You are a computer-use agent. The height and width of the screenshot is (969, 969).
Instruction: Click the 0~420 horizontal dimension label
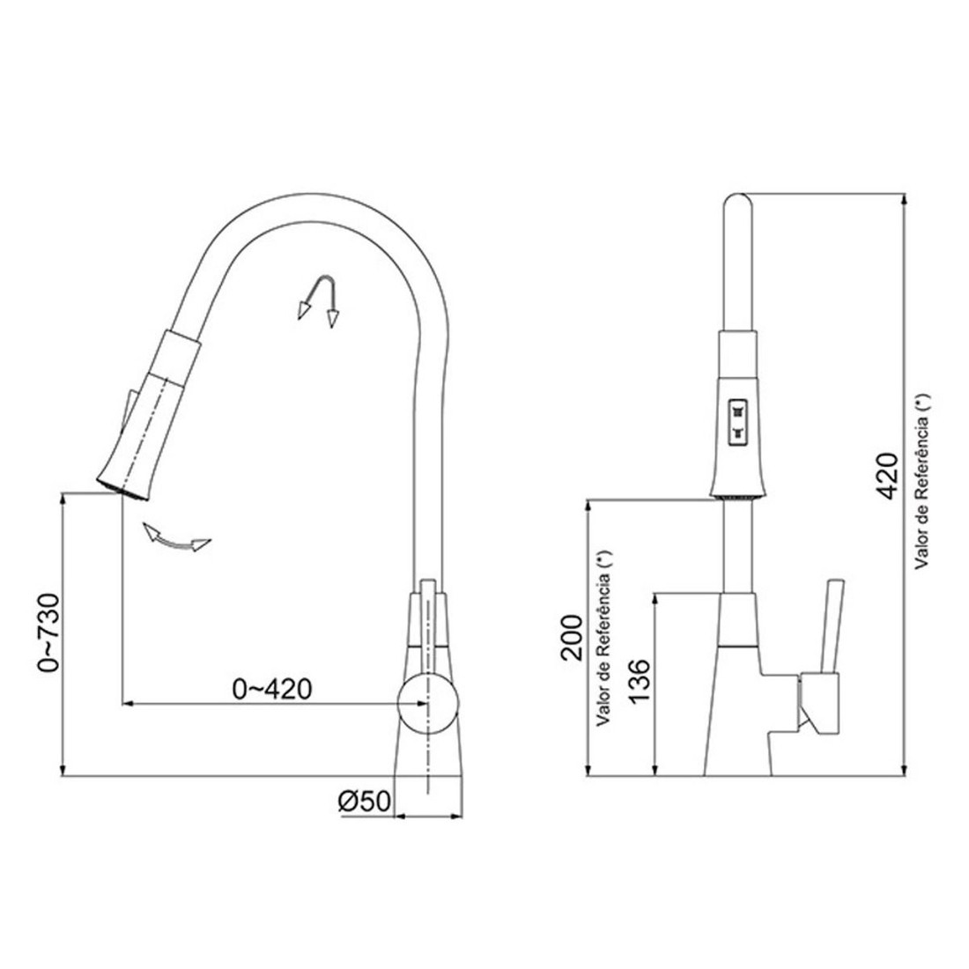[x=272, y=688]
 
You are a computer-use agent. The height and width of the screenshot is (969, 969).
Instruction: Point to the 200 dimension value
[x=573, y=635]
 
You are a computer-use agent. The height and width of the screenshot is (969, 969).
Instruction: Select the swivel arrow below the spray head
[x=176, y=537]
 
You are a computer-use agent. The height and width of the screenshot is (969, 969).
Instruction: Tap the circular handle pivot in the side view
[x=428, y=703]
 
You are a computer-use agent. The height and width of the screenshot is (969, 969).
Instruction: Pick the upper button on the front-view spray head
[x=736, y=410]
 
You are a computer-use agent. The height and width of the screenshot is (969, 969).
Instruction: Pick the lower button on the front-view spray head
[x=736, y=432]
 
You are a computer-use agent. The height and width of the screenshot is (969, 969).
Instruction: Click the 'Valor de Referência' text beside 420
[x=923, y=483]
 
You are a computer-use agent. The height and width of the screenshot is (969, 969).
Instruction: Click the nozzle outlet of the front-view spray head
[x=736, y=499]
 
